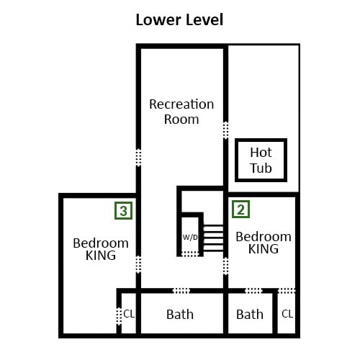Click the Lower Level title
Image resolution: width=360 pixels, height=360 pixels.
[179, 19]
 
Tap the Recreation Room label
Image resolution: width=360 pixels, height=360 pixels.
[181, 112]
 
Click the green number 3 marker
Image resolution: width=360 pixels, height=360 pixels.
[123, 211]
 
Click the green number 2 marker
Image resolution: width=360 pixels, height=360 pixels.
[240, 210]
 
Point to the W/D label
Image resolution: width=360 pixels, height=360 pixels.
[190, 238]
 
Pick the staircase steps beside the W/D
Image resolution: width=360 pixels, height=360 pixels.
[213, 238]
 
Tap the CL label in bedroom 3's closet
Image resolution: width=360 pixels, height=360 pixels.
[129, 314]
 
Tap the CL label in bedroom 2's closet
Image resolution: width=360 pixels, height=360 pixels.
[287, 314]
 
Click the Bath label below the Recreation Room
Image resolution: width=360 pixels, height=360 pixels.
[180, 315]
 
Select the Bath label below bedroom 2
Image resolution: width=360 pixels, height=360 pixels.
[250, 315]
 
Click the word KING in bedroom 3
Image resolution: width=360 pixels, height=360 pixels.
[101, 256]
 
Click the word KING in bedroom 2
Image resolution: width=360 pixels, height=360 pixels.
[264, 249]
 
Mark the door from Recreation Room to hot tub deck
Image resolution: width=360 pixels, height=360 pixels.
[225, 130]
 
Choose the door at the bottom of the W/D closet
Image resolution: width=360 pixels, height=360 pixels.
[190, 254]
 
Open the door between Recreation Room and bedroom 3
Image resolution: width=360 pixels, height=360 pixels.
[138, 264]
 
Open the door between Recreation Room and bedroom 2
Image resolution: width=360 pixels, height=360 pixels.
[225, 266]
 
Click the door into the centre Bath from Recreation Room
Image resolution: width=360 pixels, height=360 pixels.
[181, 291]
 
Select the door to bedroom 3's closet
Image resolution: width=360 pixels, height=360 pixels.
[119, 316]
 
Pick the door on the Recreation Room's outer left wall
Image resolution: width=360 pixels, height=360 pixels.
[138, 158]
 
